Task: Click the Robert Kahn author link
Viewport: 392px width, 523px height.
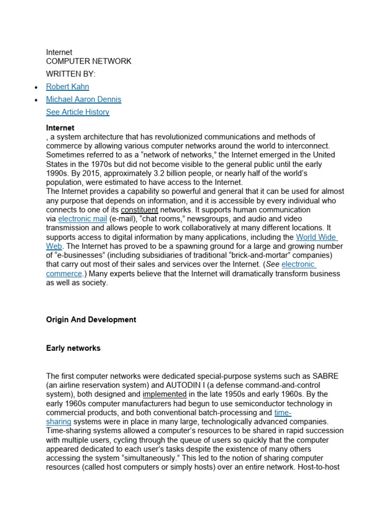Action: (67, 87)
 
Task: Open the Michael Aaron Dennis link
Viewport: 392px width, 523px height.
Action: (84, 99)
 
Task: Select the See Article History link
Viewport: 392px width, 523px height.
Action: (78, 112)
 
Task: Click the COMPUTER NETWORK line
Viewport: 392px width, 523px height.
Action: (89, 61)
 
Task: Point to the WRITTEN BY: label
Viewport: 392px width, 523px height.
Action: (71, 74)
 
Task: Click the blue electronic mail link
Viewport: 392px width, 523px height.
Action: (83, 219)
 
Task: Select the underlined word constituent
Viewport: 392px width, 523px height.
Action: (139, 210)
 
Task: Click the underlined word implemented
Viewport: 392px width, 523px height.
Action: (164, 394)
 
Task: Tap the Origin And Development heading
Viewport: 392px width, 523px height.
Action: (91, 320)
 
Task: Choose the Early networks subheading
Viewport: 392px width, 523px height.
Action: (73, 348)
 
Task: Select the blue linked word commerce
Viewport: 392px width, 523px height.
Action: (64, 274)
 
